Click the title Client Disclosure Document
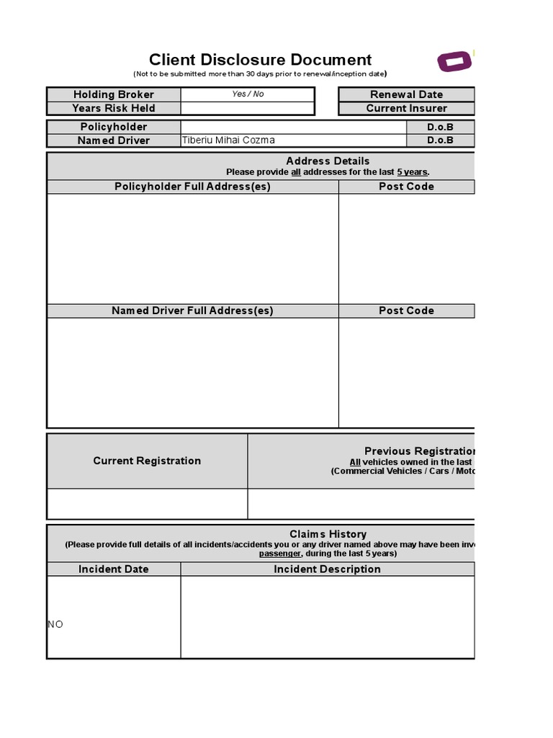260,60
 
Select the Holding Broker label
114,94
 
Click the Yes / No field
248,94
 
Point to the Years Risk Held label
114,108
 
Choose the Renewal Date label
406,94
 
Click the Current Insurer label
406,108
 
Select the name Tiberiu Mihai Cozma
228,141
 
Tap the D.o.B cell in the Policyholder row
440,127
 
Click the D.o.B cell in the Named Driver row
440,141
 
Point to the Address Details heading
328,161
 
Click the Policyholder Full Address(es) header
192,187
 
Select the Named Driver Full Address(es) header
192,311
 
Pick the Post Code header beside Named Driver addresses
406,311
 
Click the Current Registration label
147,461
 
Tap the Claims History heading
328,534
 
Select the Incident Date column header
114,569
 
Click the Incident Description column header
327,569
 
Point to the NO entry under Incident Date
55,624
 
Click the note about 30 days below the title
260,74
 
